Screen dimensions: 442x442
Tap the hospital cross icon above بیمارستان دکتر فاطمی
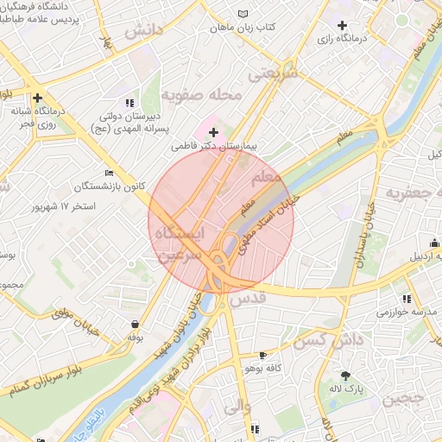pyautogui.click(x=213, y=132)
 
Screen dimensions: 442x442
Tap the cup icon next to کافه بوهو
pyautogui.click(x=262, y=355)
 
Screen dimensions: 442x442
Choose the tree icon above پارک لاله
pyautogui.click(x=346, y=376)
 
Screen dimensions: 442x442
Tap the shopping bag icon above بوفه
pyautogui.click(x=135, y=325)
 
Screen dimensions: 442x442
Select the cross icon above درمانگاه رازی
pyautogui.click(x=343, y=26)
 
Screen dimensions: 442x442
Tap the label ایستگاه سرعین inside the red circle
pyautogui.click(x=180, y=244)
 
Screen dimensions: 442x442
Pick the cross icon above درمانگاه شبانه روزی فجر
pyautogui.click(x=37, y=98)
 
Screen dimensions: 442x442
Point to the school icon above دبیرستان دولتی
pyautogui.click(x=129, y=103)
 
